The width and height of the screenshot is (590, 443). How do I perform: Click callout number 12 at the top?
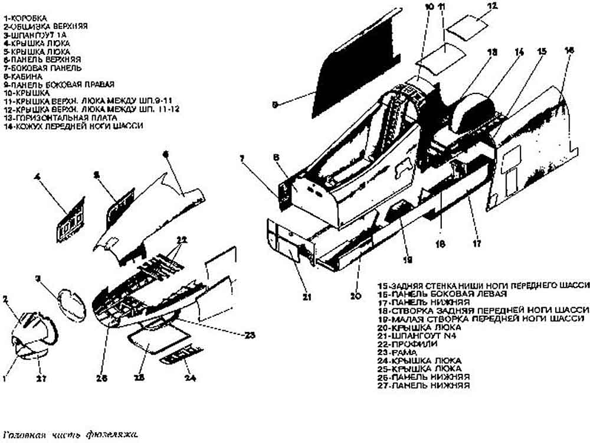pos(493,6)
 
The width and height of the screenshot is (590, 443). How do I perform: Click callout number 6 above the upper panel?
pos(166,154)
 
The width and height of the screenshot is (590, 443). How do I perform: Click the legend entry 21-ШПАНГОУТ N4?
pos(412,335)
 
